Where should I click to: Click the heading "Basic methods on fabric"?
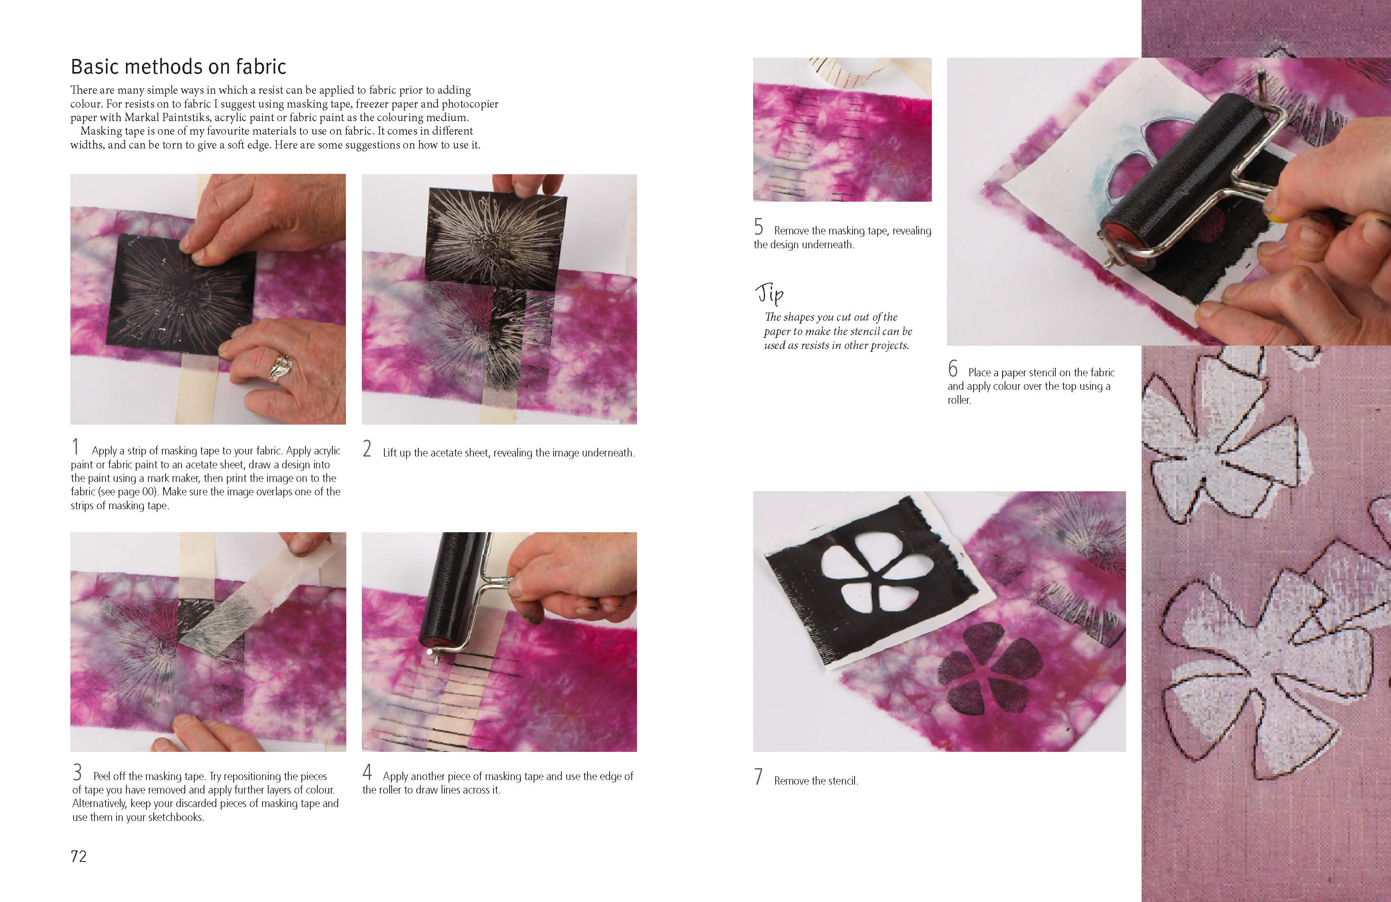tap(178, 67)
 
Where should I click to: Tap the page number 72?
tap(79, 857)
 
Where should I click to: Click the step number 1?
tap(75, 447)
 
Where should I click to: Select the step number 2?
tap(367, 448)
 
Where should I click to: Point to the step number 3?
tap(77, 773)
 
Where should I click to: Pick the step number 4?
tap(367, 772)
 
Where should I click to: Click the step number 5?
tap(758, 226)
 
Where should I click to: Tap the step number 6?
tap(953, 368)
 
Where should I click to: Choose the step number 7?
tap(758, 776)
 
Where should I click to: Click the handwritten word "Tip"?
tap(770, 294)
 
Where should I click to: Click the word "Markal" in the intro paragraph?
tap(142, 117)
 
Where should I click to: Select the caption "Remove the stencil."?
tap(816, 781)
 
